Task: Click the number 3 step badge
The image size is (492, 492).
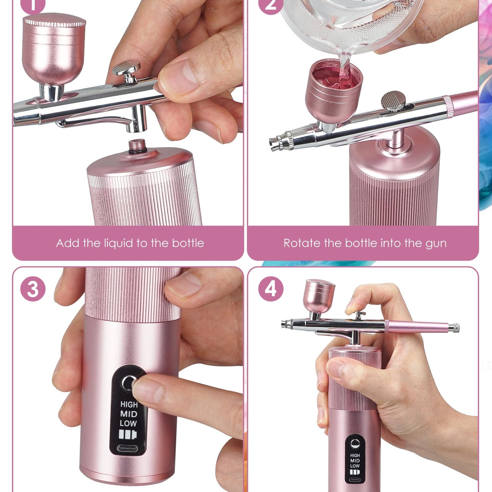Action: pos(33,289)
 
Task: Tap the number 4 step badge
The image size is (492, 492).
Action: pos(271,289)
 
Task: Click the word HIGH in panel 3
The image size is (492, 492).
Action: pos(129,404)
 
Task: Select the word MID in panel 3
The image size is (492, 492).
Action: pos(129,414)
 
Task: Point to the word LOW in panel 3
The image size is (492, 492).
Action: pos(128,423)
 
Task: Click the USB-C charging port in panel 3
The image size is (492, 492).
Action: pos(128,448)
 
